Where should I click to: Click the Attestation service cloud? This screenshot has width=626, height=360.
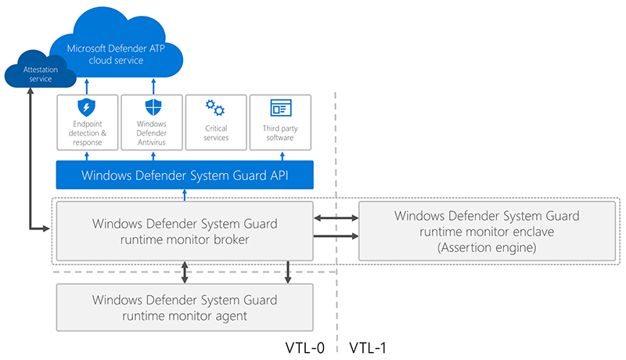click(39, 75)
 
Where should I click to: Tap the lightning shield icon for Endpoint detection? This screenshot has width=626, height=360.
click(87, 108)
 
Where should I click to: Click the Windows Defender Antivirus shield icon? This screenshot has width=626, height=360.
click(151, 108)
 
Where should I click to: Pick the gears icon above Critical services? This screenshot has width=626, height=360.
click(215, 108)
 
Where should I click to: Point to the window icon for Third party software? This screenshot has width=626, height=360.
click(279, 108)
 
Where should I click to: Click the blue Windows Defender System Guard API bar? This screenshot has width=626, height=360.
click(185, 175)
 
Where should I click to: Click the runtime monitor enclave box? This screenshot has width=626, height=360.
click(486, 230)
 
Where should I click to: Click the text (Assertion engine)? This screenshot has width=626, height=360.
click(486, 247)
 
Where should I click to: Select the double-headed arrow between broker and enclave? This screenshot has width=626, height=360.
click(336, 220)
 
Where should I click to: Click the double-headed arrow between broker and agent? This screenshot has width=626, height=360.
click(185, 272)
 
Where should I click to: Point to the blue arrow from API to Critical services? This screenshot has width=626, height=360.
click(215, 155)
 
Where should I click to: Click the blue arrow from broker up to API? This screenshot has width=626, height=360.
click(185, 194)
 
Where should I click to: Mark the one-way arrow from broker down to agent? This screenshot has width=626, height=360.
click(289, 272)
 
